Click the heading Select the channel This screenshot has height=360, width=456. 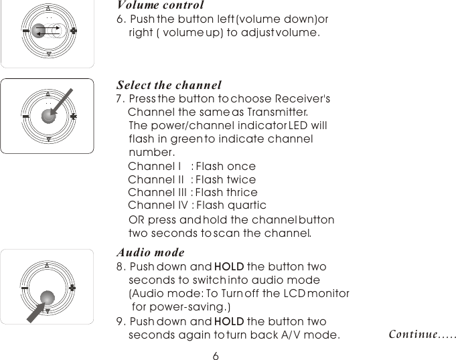[x=169, y=86]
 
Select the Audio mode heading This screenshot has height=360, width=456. [x=150, y=253]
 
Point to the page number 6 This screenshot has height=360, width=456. [x=216, y=355]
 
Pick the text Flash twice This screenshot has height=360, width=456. [x=226, y=179]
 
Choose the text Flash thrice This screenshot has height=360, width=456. [x=226, y=193]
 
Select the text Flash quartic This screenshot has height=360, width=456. [x=231, y=205]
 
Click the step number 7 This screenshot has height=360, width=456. [x=119, y=99]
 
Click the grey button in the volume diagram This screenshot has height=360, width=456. [x=38, y=30]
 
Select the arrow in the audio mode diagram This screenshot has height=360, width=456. [x=31, y=314]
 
